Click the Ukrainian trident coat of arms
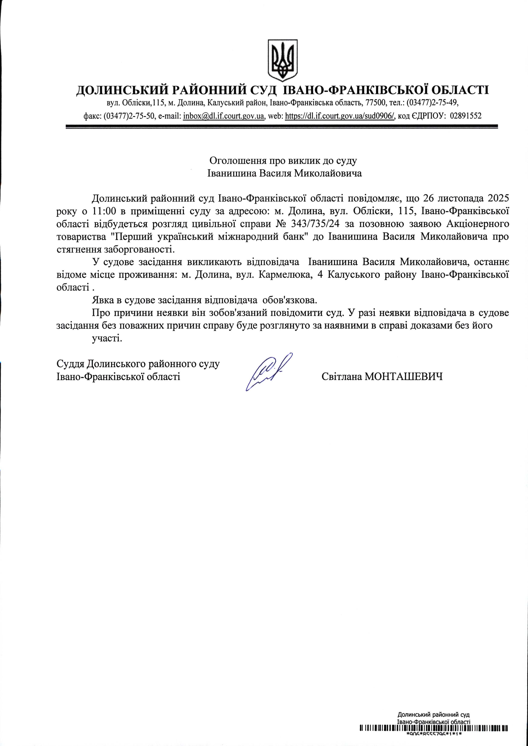click(x=282, y=60)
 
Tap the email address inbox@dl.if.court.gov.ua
click(x=224, y=116)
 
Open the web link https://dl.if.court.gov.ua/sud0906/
click(x=340, y=116)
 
